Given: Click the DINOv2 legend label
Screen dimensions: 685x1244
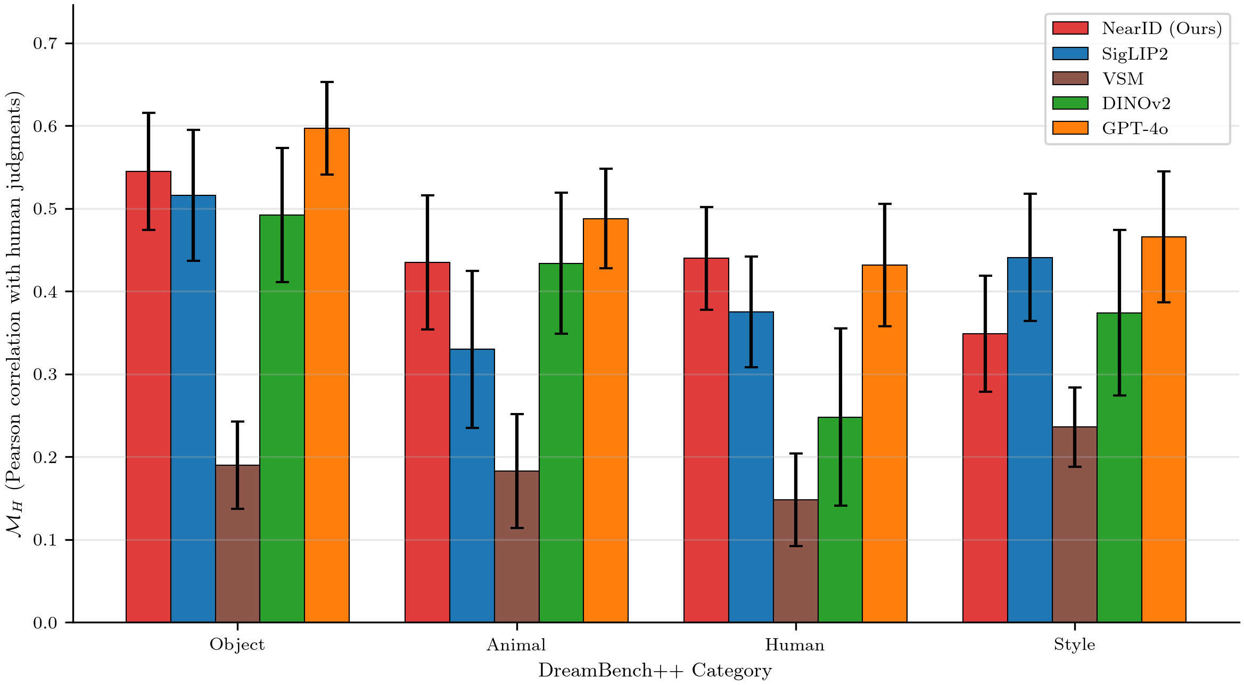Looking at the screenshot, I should click(x=1136, y=104).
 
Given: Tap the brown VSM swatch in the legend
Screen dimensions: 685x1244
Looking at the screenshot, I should click(x=1070, y=79).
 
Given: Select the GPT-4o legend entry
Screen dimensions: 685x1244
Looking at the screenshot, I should click(x=1134, y=129).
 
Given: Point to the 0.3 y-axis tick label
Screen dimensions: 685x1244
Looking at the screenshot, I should click(x=45, y=375).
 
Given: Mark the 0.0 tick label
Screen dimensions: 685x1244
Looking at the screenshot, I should click(x=45, y=623).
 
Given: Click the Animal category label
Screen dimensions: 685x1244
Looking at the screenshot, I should click(x=516, y=645).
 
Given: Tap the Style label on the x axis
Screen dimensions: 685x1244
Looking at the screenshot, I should click(x=1074, y=645).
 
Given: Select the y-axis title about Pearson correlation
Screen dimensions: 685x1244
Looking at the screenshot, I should click(x=14, y=314).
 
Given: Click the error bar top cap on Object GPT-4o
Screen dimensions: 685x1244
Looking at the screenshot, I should click(x=327, y=82).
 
